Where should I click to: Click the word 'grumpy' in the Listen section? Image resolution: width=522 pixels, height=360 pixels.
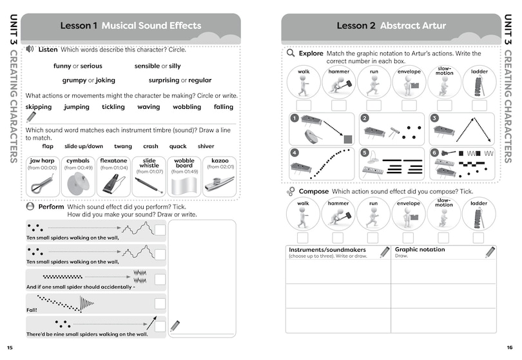pos(74,81)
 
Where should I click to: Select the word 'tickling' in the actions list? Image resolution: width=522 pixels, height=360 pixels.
pos(113,107)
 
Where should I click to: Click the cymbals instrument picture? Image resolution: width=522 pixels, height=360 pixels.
pos(79,184)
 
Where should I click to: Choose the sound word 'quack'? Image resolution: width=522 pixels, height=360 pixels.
pos(177,146)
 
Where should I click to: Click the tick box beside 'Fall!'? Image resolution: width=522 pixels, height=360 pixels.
pos(160,303)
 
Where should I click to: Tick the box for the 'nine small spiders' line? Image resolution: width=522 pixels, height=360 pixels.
pos(160,326)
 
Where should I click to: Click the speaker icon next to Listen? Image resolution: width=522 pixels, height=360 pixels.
pos(30,49)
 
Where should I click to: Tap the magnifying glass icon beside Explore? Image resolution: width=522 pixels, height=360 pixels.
pos(291,53)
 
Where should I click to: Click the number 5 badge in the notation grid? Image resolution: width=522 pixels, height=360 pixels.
pos(365,153)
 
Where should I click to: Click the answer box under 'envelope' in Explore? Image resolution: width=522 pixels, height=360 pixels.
pos(409,105)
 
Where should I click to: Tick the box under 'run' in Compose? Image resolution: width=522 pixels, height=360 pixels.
pos(374,237)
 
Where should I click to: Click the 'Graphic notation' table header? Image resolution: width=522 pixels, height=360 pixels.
pos(420,249)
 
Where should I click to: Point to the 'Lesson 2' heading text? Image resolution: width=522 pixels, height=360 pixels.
pos(356,26)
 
